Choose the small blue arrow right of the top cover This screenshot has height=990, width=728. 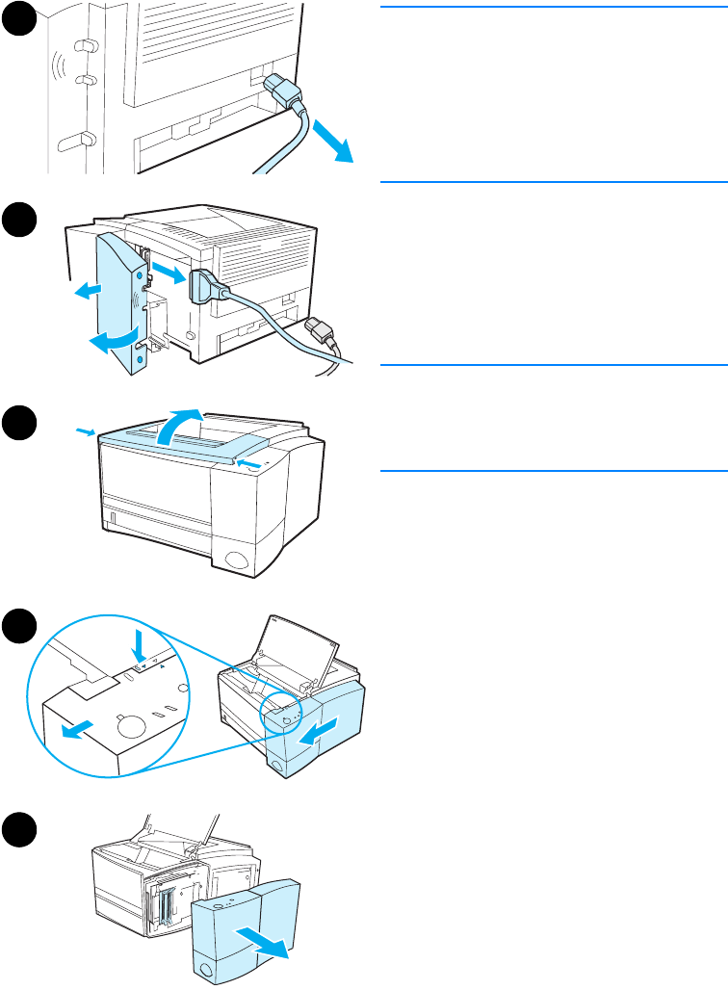coord(248,465)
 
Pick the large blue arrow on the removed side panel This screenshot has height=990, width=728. coord(265,942)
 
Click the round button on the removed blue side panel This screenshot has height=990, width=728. coord(207,966)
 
